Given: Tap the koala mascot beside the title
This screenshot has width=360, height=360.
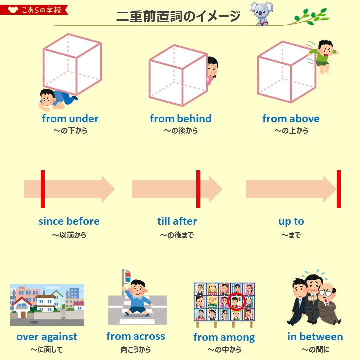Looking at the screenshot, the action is pyautogui.click(x=261, y=13).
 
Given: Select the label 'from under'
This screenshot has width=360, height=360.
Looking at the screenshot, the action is pyautogui.click(x=70, y=119).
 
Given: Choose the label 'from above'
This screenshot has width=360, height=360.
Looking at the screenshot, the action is pyautogui.click(x=291, y=119).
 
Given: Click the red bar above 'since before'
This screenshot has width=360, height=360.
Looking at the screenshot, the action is pyautogui.click(x=43, y=189).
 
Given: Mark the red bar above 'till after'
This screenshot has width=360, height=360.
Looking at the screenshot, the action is pyautogui.click(x=198, y=189).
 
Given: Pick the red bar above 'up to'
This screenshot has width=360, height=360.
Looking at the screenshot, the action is pyautogui.click(x=338, y=189).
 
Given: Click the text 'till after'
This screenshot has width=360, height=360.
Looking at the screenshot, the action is pyautogui.click(x=177, y=221).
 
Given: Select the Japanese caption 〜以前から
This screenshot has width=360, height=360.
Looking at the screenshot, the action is pyautogui.click(x=69, y=235).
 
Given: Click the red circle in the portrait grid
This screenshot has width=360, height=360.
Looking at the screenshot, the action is pyautogui.click(x=236, y=302).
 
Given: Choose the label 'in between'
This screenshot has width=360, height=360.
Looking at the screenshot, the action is pyautogui.click(x=315, y=337).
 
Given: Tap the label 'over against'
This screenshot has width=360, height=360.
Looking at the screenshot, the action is pyautogui.click(x=47, y=337).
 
